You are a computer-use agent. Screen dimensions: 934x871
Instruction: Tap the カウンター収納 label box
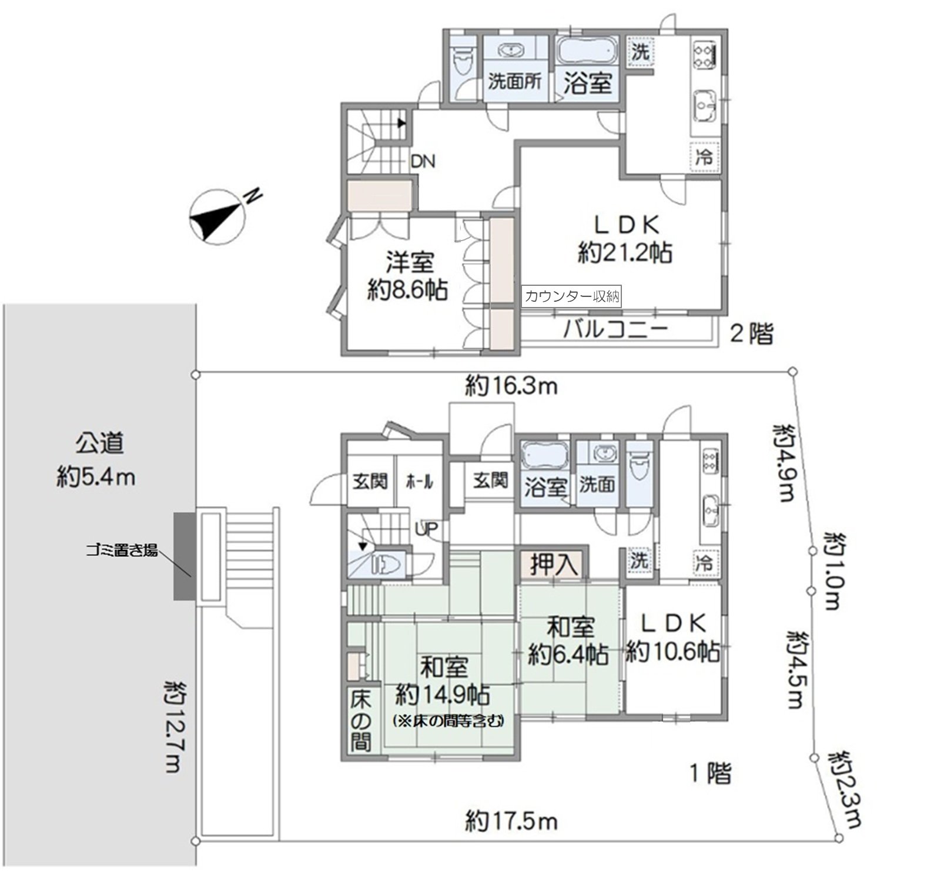tap(571, 296)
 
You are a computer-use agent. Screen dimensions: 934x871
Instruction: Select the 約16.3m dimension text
tap(511, 386)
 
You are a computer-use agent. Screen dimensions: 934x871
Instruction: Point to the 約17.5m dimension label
tap(511, 820)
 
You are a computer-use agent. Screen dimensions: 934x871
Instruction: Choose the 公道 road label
tap(99, 443)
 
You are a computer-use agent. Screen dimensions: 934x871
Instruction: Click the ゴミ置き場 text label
tap(122, 551)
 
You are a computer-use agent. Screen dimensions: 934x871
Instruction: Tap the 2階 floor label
tap(751, 333)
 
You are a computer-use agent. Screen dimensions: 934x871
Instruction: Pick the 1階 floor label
tap(710, 773)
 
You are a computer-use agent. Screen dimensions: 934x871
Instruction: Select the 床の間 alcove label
tap(360, 720)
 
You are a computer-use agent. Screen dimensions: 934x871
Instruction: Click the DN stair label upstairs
tap(423, 161)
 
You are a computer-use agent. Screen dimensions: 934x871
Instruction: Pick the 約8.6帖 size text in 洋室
tap(408, 290)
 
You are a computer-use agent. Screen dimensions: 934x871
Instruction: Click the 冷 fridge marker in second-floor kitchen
tap(704, 157)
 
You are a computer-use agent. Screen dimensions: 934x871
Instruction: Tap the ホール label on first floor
tap(420, 482)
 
